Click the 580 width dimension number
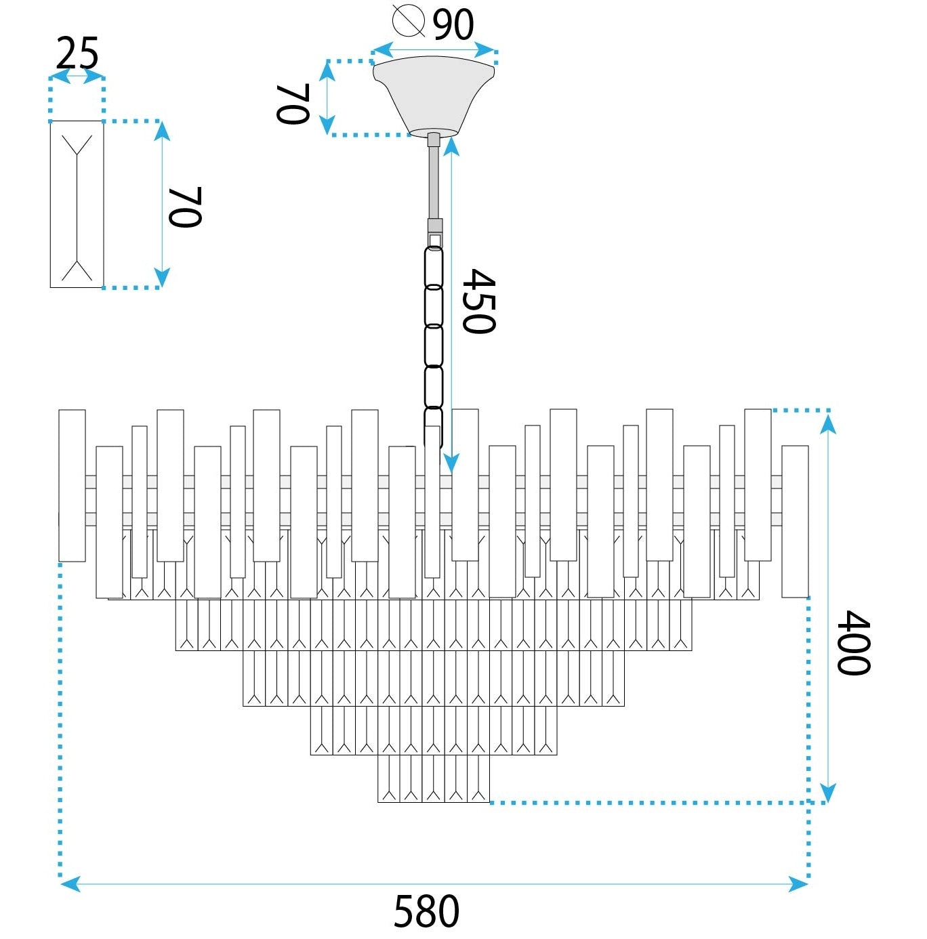[426, 911]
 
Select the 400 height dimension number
[852, 642]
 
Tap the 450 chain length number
[478, 301]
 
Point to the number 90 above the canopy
[453, 25]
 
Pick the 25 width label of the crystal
[77, 54]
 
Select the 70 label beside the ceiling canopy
[293, 104]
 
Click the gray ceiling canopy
[434, 95]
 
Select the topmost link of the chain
[434, 267]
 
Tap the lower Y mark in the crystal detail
[77, 270]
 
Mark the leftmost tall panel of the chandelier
[72, 486]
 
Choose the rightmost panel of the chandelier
[795, 522]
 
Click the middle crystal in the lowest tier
[434, 779]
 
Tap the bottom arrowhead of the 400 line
[827, 793]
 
